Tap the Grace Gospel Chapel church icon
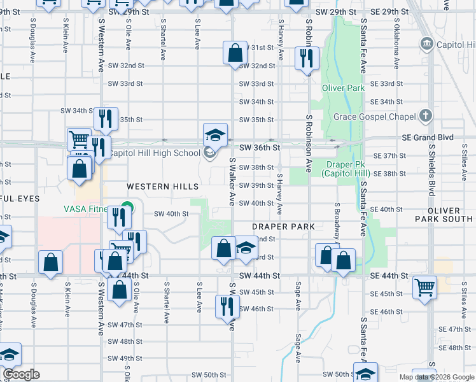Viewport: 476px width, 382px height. [x=426, y=116]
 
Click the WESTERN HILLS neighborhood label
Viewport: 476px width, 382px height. [x=163, y=186]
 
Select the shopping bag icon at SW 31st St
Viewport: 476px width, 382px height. [x=235, y=52]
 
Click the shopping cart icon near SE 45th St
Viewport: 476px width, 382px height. [x=424, y=286]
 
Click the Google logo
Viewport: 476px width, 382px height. [x=21, y=374]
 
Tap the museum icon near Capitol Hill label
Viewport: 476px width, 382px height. [x=426, y=44]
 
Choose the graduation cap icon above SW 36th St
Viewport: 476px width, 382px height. [x=215, y=134]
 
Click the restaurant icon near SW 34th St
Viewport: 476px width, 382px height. [x=106, y=118]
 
